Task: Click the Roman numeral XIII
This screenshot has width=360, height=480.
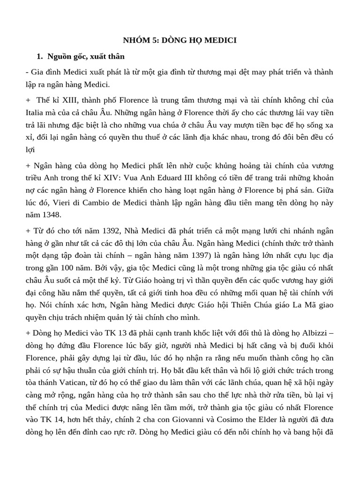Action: click(x=62, y=100)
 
